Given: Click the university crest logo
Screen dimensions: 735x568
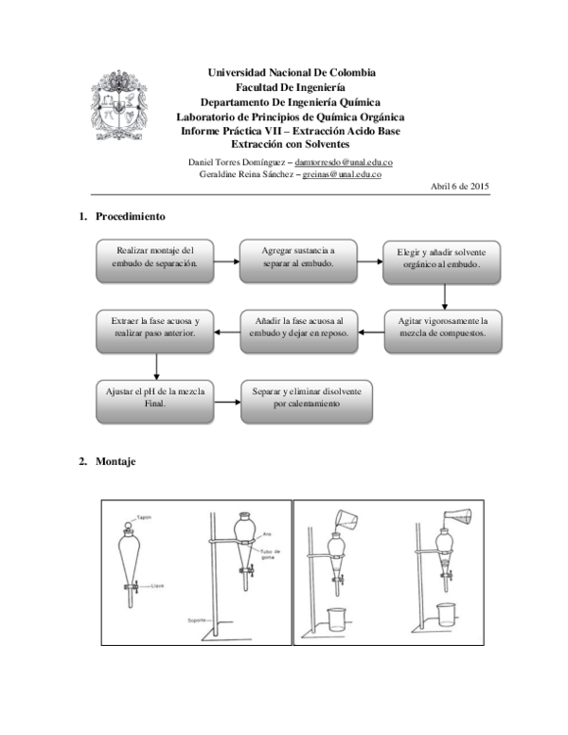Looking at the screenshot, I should click(118, 103).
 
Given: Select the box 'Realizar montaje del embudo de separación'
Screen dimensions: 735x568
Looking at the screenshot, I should click(155, 261).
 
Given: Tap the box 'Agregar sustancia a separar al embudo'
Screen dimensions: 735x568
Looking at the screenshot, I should click(298, 261).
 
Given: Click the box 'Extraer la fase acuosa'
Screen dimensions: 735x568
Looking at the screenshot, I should click(155, 332).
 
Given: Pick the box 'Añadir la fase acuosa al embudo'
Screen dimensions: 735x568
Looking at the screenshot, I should click(298, 332).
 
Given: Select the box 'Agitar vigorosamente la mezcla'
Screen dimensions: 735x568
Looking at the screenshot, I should click(442, 332).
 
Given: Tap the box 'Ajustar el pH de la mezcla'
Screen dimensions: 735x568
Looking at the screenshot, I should click(155, 401).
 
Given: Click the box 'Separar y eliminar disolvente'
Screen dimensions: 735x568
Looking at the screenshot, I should click(307, 401).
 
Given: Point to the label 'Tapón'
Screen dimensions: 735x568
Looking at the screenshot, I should click(144, 517).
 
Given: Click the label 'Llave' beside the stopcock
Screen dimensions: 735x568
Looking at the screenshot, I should click(157, 585).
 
